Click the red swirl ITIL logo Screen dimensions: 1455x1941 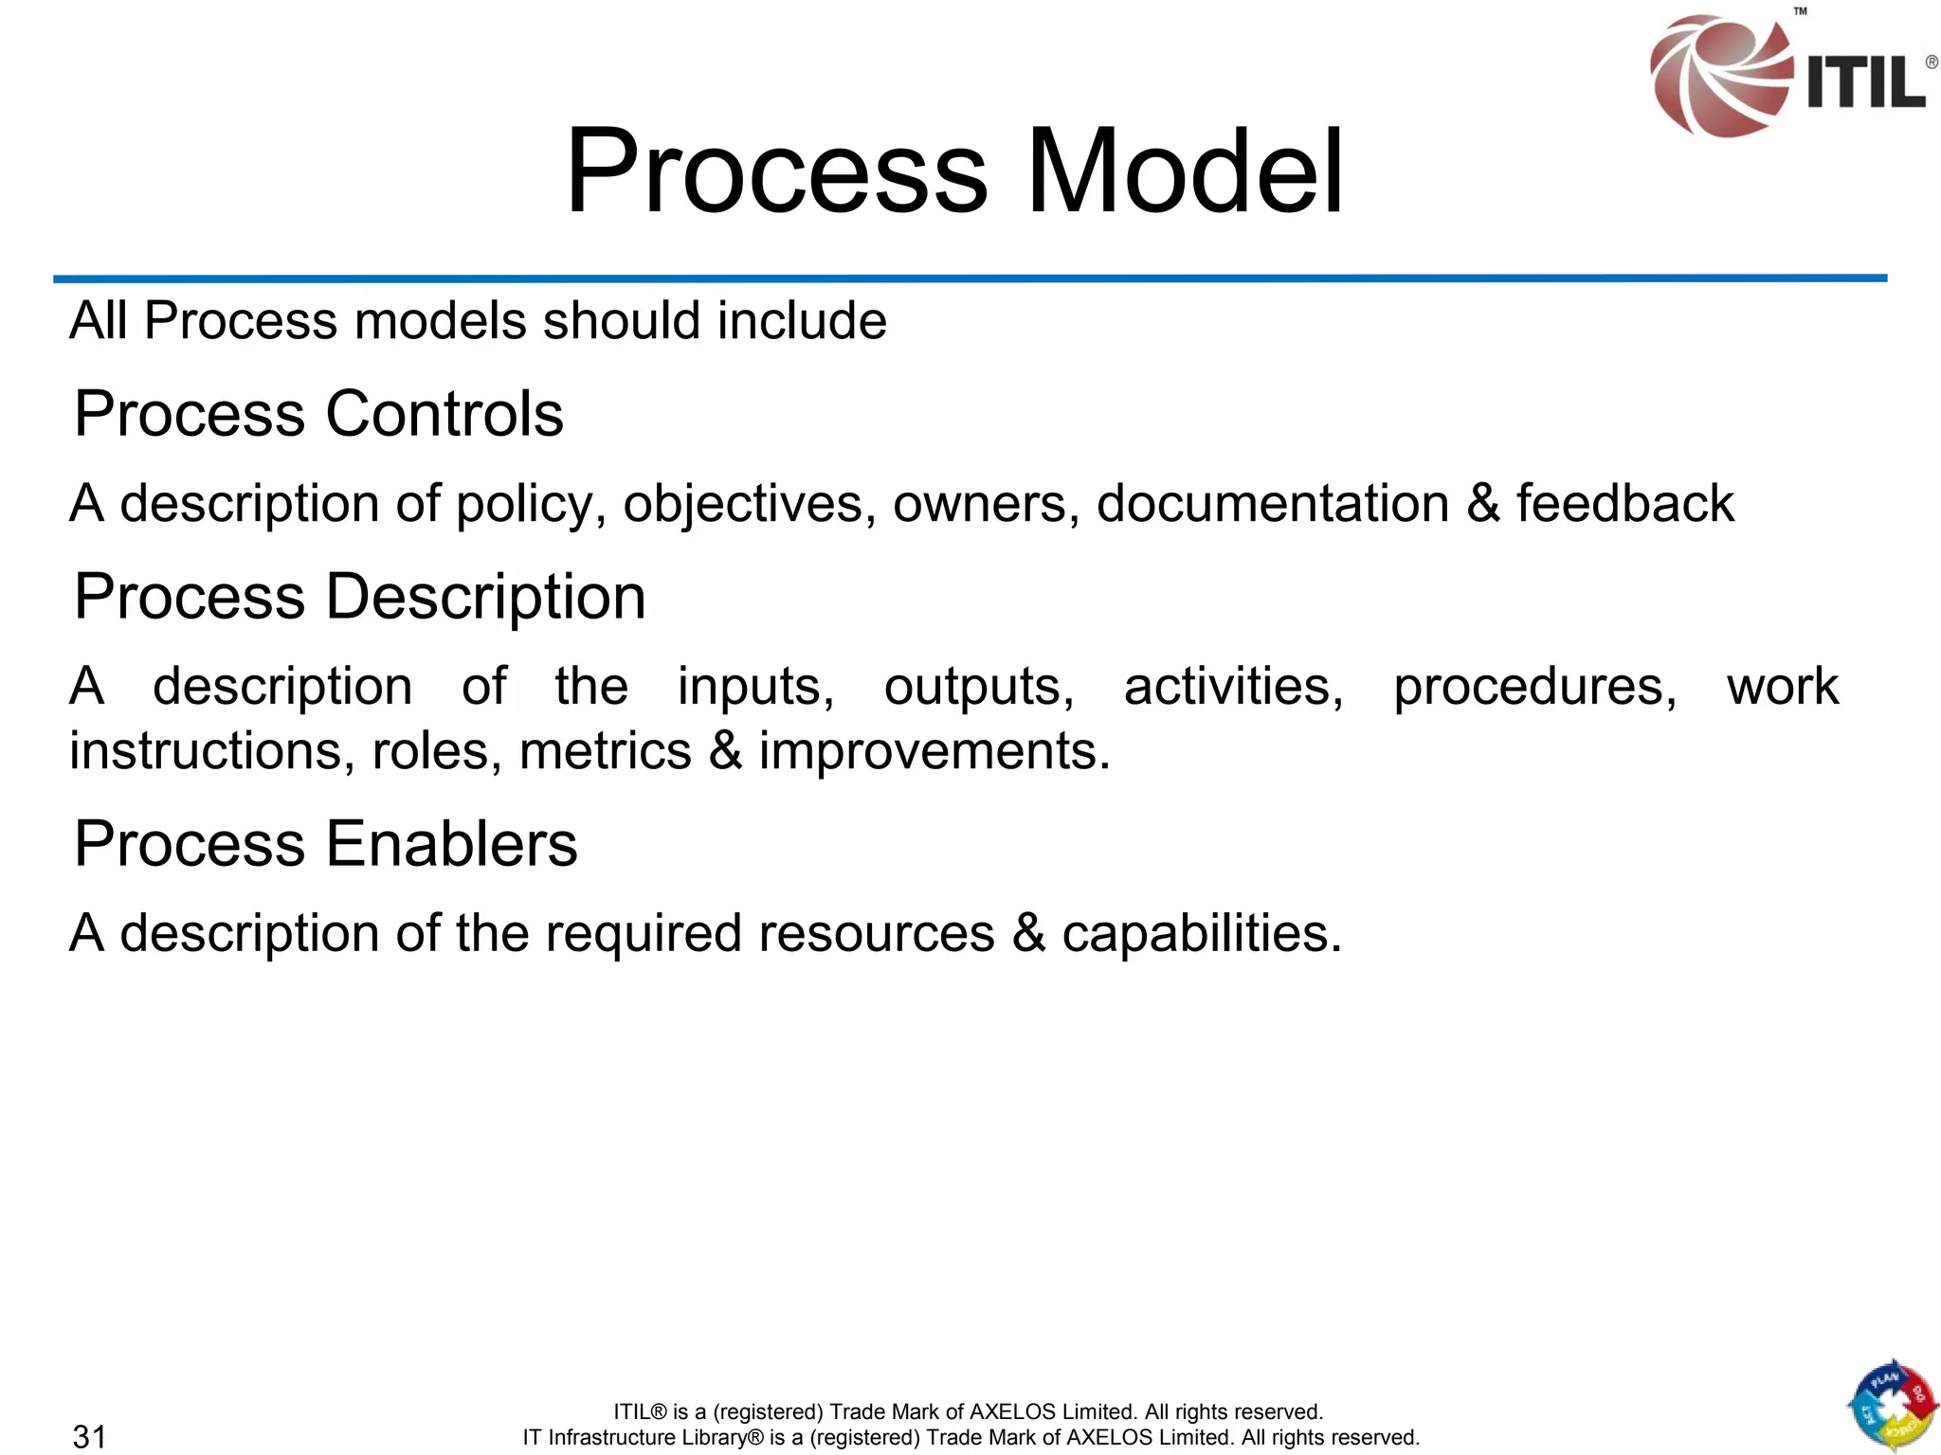pyautogui.click(x=1717, y=76)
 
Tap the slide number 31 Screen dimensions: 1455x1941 pyautogui.click(x=90, y=1436)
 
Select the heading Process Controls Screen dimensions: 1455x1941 pyautogui.click(x=318, y=414)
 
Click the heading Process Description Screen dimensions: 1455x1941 pyautogui.click(x=360, y=597)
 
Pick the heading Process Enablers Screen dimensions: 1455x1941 pyautogui.click(x=326, y=843)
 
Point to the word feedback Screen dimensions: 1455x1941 pyautogui.click(x=1624, y=503)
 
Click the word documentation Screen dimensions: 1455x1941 pyautogui.click(x=1272, y=503)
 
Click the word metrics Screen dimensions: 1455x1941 pyautogui.click(x=605, y=751)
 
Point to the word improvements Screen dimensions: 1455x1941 pyautogui.click(x=934, y=751)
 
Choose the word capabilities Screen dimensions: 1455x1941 pyautogui.click(x=1201, y=934)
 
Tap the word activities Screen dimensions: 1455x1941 pyautogui.click(x=1233, y=687)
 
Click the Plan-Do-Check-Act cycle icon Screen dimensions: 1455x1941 pyautogui.click(x=1891, y=1406)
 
